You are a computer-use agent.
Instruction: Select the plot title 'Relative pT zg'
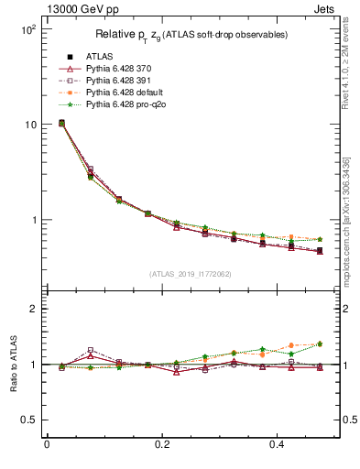tap(192, 35)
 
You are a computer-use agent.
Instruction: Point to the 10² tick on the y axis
tap(27, 29)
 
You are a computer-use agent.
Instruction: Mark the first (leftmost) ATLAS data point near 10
tap(61, 123)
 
